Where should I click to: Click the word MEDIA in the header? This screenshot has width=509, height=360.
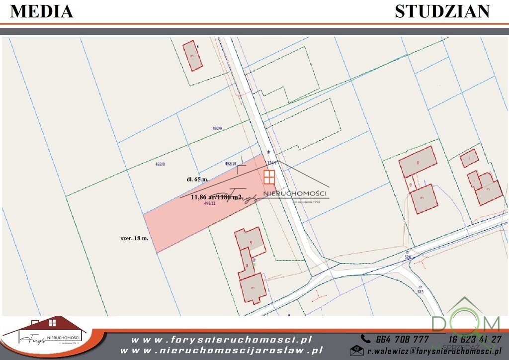[42, 11]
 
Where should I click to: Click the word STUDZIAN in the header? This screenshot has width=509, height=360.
[442, 11]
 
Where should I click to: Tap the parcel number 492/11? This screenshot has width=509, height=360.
[210, 203]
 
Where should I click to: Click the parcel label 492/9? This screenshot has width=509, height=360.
[215, 128]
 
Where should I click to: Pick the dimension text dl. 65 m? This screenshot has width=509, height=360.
[194, 179]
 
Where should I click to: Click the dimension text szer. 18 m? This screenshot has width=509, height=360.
[134, 239]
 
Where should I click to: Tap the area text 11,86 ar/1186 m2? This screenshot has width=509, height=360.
[216, 197]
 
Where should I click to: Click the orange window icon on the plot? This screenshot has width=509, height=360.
[269, 177]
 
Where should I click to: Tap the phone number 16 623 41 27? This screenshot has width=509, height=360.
[474, 339]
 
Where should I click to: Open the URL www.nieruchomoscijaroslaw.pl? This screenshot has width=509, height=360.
[222, 351]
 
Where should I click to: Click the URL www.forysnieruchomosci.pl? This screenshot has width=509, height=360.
[222, 340]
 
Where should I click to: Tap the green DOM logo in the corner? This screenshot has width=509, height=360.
[465, 323]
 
